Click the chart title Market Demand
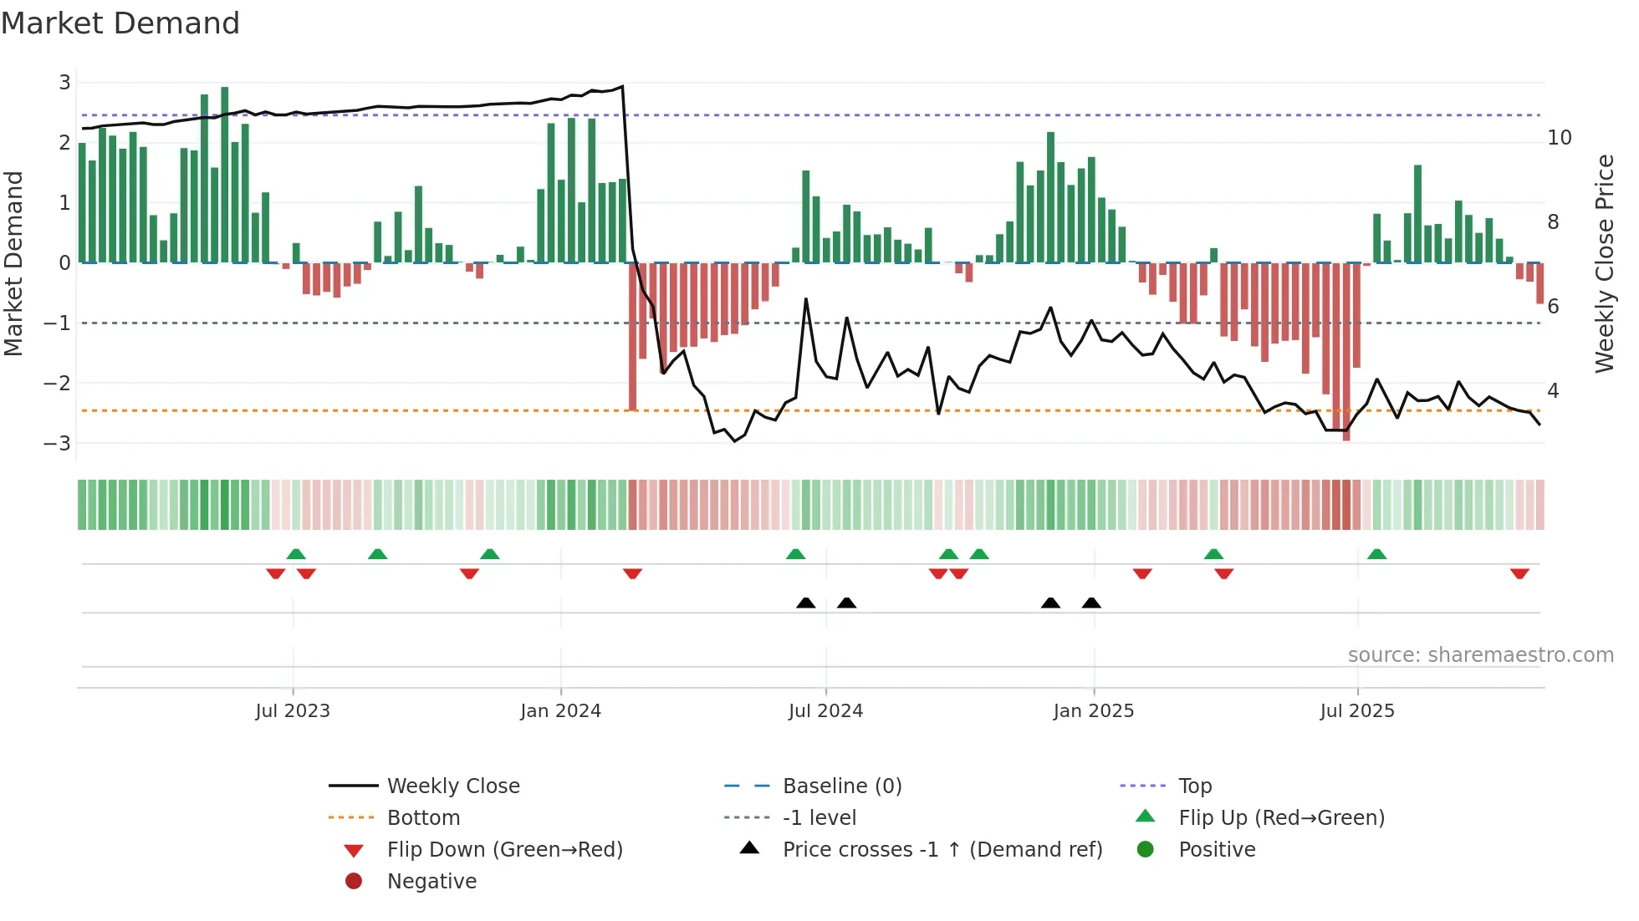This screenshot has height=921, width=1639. pyautogui.click(x=120, y=23)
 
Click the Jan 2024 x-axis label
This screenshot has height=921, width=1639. pyautogui.click(x=560, y=711)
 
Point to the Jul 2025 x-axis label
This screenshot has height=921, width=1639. pyautogui.click(x=1357, y=711)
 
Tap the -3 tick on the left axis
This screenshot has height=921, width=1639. pyautogui.click(x=58, y=443)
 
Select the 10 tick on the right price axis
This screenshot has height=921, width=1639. pyautogui.click(x=1560, y=138)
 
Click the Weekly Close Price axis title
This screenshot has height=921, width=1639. pyautogui.click(x=1604, y=263)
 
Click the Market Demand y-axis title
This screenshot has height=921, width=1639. pyautogui.click(x=14, y=263)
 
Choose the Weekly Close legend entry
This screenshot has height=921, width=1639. pyautogui.click(x=452, y=786)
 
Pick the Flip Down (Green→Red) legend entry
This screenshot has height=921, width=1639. pyautogui.click(x=504, y=850)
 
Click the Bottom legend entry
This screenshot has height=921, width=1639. pyautogui.click(x=423, y=818)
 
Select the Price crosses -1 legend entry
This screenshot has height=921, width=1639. pyautogui.click(x=942, y=850)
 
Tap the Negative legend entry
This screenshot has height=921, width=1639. pyautogui.click(x=431, y=882)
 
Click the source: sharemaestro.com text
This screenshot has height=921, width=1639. pyautogui.click(x=1480, y=655)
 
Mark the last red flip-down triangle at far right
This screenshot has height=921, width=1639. pyautogui.click(x=1519, y=573)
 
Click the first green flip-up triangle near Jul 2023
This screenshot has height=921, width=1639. pyautogui.click(x=296, y=554)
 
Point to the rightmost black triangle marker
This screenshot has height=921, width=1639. pyautogui.click(x=1091, y=603)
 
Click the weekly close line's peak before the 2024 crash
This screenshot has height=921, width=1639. pyautogui.click(x=622, y=86)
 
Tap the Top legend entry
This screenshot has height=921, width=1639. pyautogui.click(x=1194, y=786)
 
